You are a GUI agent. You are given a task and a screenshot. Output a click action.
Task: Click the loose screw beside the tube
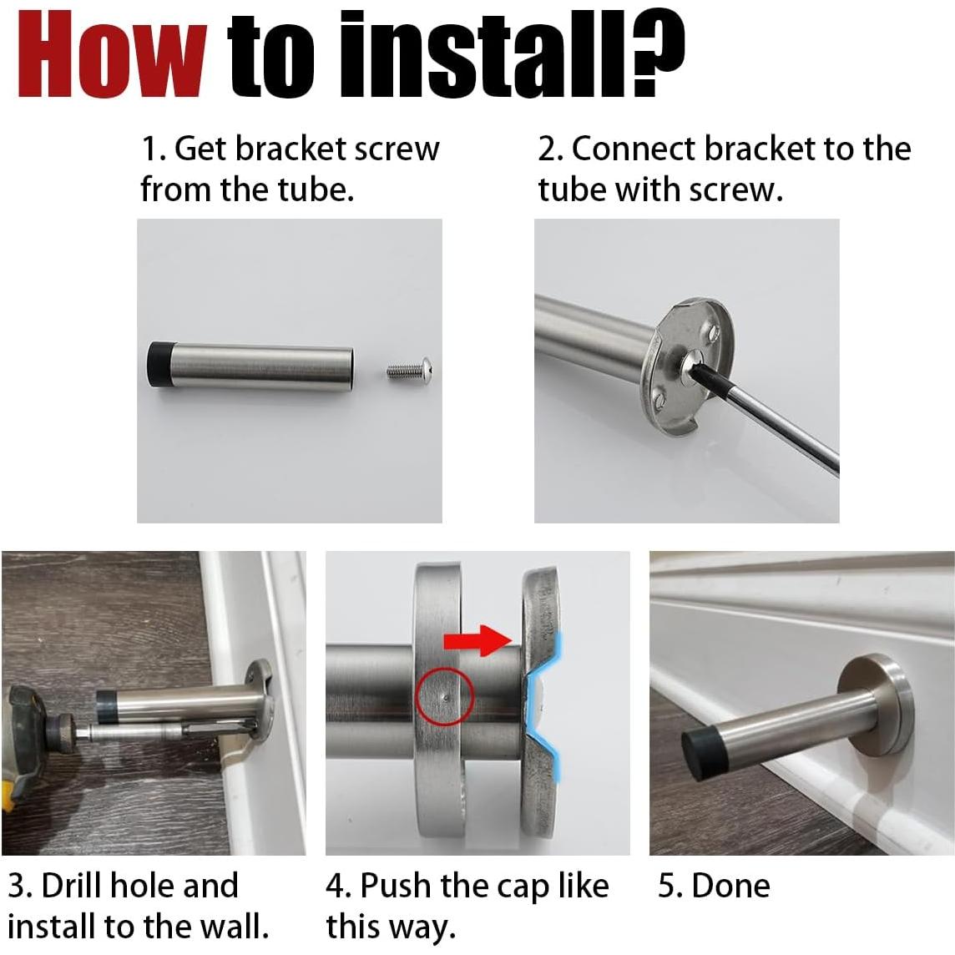[x=410, y=368]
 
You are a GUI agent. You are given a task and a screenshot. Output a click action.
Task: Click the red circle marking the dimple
[x=445, y=696]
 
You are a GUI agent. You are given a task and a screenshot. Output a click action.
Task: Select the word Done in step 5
[x=731, y=886]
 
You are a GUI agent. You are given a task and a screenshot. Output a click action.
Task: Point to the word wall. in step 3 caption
[x=235, y=927]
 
